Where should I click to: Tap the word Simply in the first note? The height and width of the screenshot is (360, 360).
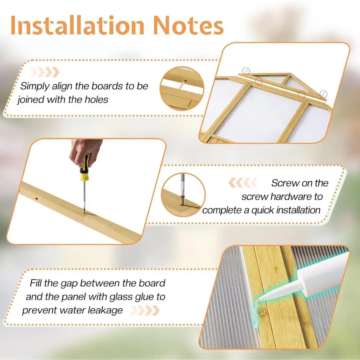coord(35,87)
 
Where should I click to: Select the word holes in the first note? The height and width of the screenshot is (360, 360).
coord(96,99)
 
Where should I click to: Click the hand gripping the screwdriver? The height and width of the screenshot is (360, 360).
coord(85,152)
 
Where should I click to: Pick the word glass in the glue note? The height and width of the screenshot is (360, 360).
coord(121,297)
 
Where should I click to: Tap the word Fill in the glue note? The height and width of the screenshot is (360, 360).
coord(36,283)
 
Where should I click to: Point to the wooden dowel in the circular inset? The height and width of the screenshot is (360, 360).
coord(182,85)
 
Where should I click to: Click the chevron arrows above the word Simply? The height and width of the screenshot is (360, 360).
coord(45,72)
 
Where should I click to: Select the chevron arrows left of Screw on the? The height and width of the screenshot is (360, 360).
coord(243,183)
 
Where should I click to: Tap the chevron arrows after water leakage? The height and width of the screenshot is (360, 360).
coord(145,310)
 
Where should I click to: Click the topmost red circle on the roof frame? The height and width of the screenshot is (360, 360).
coord(246,71)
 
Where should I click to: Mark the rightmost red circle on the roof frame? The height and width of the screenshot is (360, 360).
coord(323,94)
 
